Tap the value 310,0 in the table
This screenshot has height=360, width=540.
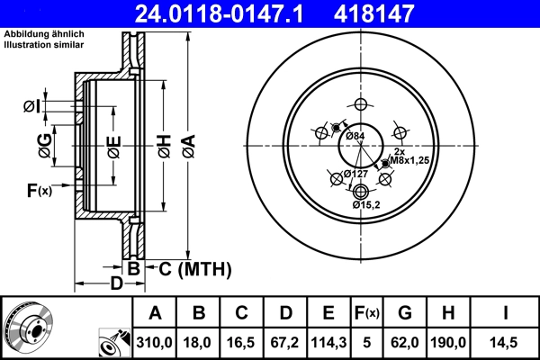point(156,342)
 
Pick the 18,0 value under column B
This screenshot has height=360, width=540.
point(199,342)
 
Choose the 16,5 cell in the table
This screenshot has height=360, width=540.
point(241,342)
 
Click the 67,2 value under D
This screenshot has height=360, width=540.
point(284,342)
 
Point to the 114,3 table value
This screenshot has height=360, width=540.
point(328,342)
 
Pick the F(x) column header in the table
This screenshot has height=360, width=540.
point(366,313)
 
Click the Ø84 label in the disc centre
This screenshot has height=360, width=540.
point(355,136)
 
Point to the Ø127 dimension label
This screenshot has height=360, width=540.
point(355,174)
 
